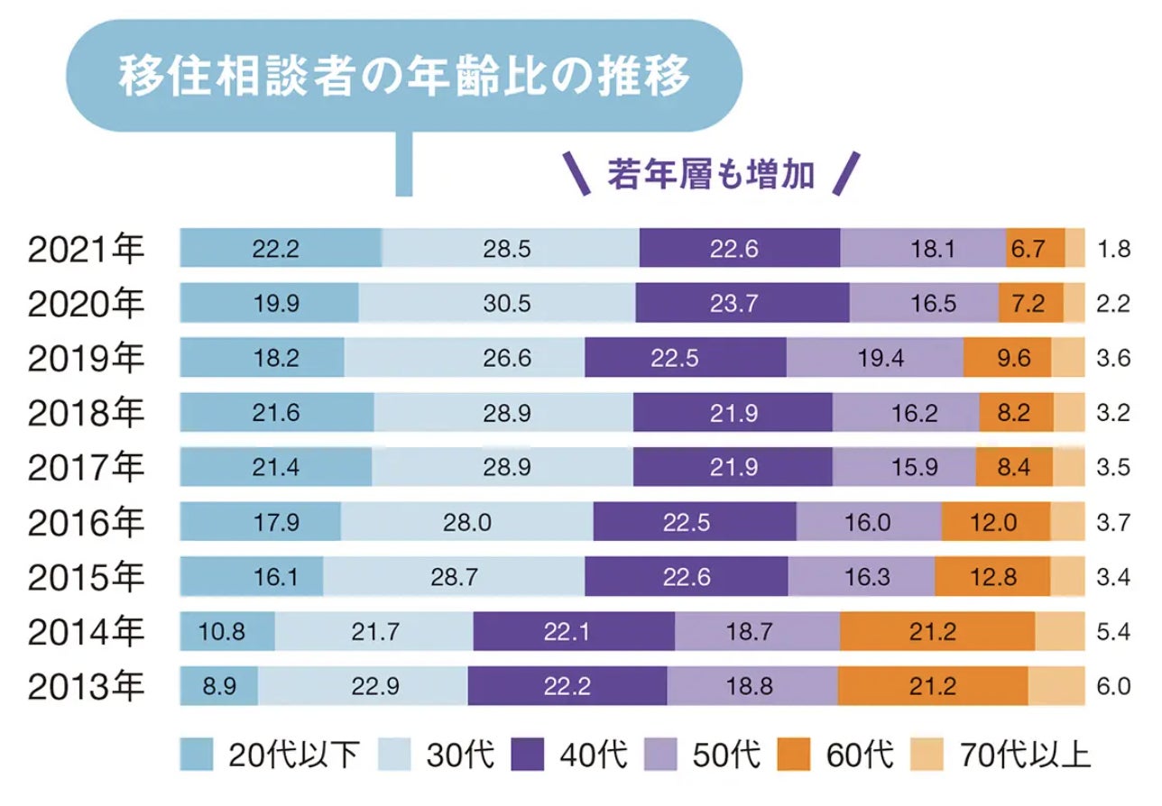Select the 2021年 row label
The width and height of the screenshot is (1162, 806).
[86, 250]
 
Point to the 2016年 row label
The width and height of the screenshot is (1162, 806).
[86, 522]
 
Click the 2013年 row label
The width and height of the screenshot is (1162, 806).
[86, 686]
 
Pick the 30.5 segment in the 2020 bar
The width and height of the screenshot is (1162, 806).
[505, 303]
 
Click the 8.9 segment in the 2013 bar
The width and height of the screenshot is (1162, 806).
[219, 686]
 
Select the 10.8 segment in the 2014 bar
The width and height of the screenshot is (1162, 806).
[226, 631]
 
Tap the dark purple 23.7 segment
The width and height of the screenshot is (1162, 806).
[742, 303]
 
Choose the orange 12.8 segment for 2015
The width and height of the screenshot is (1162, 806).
[992, 577]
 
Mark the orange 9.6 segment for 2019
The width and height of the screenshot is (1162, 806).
[1008, 358]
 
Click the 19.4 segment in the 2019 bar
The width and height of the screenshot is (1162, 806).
[875, 358]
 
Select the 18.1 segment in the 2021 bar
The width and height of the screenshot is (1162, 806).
[923, 249]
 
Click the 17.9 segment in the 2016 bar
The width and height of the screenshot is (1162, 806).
[260, 522]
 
